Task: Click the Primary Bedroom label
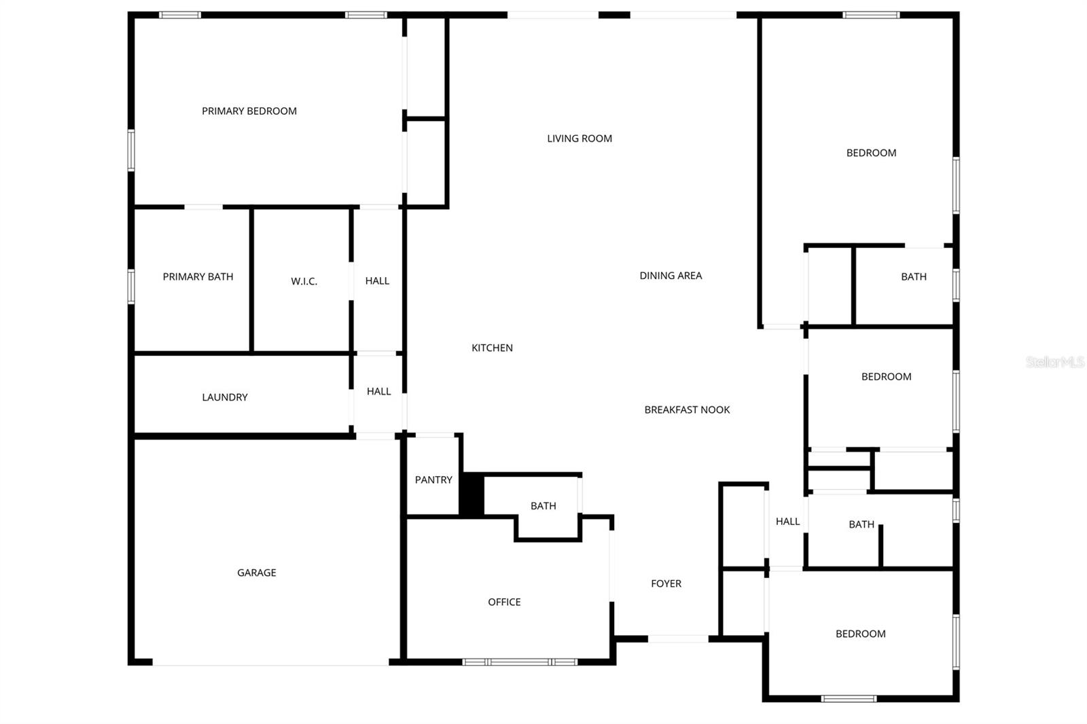coord(249,111)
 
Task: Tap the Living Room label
coord(580,139)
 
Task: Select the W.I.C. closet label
coord(304,281)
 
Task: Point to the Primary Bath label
coord(198,276)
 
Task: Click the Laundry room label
coord(224,397)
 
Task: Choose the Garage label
coord(256,573)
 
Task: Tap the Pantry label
coord(433,480)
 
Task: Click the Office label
coord(504,602)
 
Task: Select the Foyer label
coord(666,583)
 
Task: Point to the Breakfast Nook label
coord(687,410)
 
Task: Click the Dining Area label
coord(671,276)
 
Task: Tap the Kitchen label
coord(492,348)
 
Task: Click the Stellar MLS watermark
coord(1054,362)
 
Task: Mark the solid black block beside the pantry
coord(471,494)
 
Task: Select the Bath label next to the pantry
coord(543,506)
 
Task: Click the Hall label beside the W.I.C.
coord(377,280)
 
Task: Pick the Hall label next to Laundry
coord(378,391)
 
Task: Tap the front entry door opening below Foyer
coord(678,638)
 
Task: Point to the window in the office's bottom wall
coord(520,662)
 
